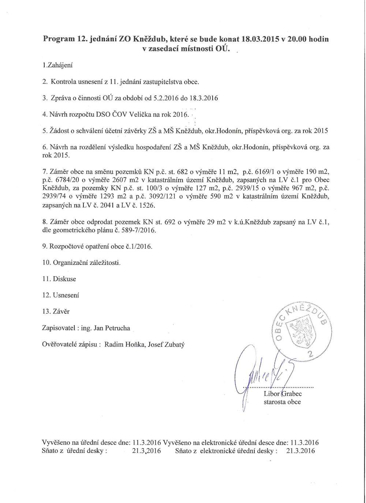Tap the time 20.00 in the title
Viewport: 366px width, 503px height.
(x=297, y=39)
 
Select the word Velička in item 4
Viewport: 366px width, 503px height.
(x=139, y=115)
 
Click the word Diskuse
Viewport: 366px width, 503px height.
(x=64, y=279)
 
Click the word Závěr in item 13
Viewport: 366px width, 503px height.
(x=61, y=312)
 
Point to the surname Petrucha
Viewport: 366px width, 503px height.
(x=117, y=328)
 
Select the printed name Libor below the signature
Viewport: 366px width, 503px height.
(x=272, y=394)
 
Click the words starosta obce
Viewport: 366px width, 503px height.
(x=282, y=402)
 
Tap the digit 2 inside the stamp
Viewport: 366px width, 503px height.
(x=311, y=354)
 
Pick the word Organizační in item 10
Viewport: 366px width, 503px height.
(x=70, y=263)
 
